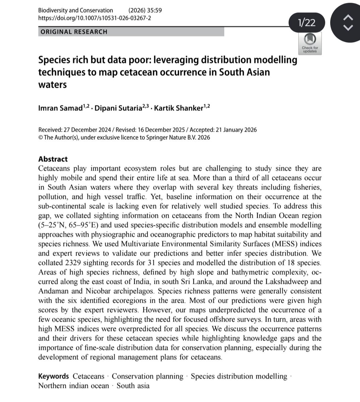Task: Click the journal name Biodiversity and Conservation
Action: [x=75, y=10]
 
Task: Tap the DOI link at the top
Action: [x=95, y=18]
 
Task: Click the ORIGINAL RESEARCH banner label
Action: [x=74, y=32]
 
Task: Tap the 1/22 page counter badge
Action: [x=306, y=23]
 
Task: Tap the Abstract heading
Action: [x=53, y=159]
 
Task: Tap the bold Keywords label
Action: [x=54, y=376]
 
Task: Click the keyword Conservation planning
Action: [x=147, y=376]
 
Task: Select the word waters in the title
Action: [x=53, y=85]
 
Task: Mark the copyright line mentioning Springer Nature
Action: [x=124, y=137]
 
